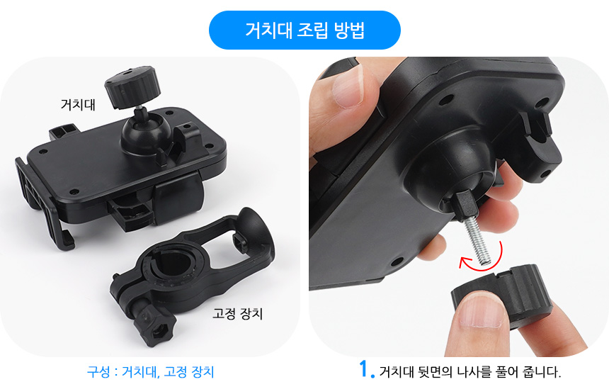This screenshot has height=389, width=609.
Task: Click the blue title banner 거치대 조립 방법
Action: coord(304,30)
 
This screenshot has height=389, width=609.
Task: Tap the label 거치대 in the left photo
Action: coord(78,105)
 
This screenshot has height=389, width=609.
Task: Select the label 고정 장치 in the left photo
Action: coord(237,313)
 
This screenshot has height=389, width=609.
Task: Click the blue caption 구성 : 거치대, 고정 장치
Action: coord(150,371)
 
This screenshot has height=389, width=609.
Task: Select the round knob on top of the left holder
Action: coord(132,86)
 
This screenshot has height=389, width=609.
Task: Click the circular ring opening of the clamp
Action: coord(173,264)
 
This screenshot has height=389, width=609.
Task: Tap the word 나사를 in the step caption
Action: coord(474,372)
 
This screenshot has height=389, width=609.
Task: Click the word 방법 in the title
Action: coord(349,30)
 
